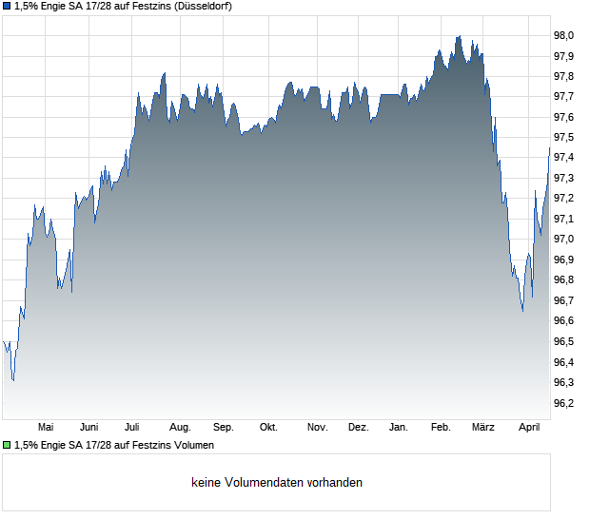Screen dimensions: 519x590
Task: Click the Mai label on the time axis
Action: pyautogui.click(x=46, y=428)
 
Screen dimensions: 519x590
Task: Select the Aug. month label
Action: pyautogui.click(x=180, y=428)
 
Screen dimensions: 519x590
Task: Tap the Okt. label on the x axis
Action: pyautogui.click(x=268, y=428)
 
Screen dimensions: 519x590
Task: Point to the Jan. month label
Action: pyautogui.click(x=399, y=428)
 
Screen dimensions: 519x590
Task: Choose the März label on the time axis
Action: pyautogui.click(x=483, y=428)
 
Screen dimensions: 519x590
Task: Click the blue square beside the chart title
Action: pyautogui.click(x=7, y=6)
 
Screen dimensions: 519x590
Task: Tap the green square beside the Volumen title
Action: pyautogui.click(x=7, y=445)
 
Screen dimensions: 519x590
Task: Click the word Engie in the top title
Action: pyautogui.click(x=55, y=6)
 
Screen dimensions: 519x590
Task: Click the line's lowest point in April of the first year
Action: pyautogui.click(x=12, y=380)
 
